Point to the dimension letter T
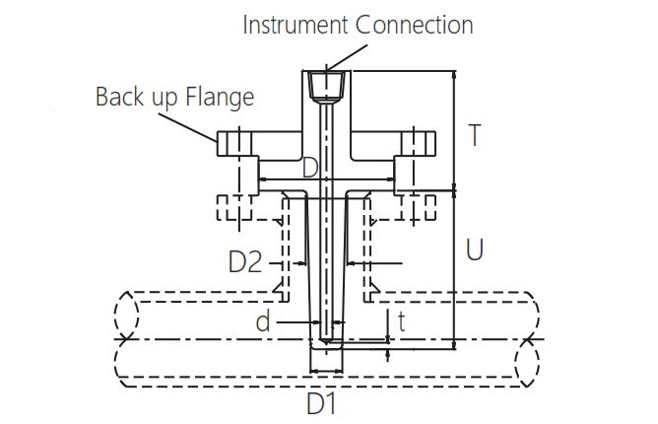pos(475,135)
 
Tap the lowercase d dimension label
pos(262,321)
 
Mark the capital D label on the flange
pos(310,168)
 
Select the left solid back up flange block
pos(236,144)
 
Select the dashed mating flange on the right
pos(418,208)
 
